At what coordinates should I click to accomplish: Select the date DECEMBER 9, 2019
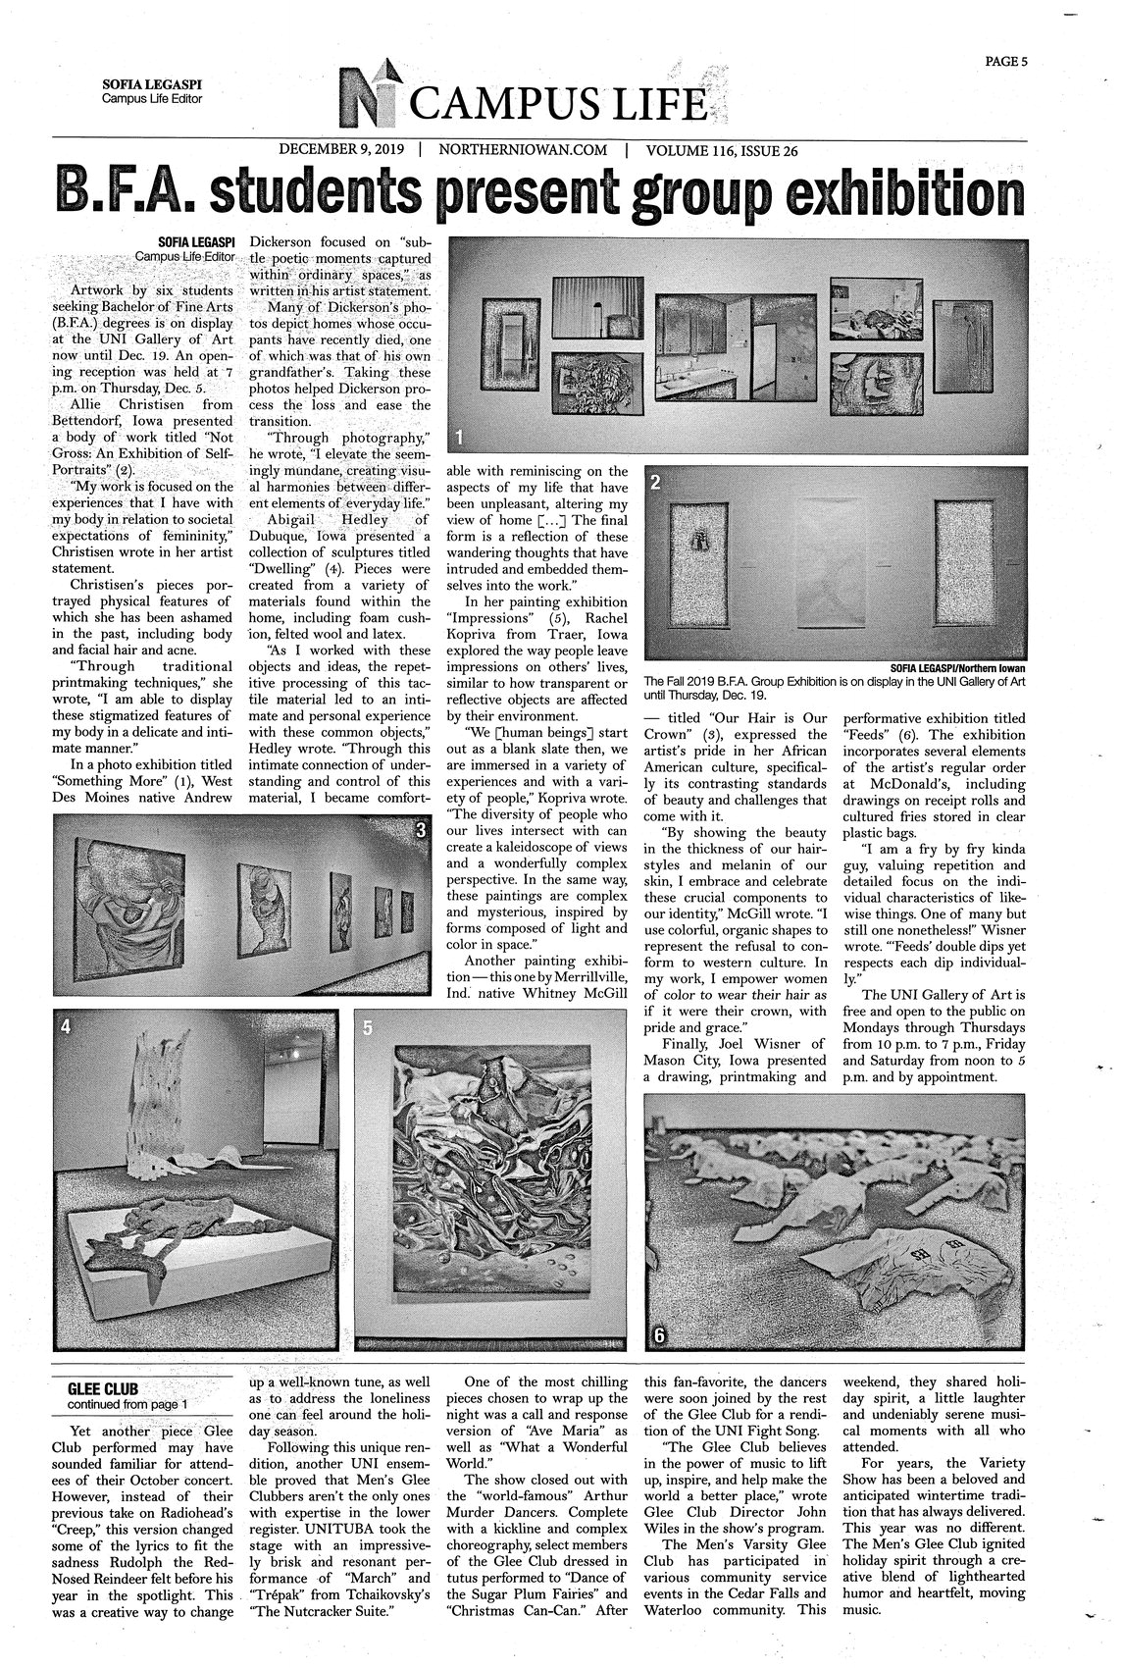[x=342, y=151]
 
